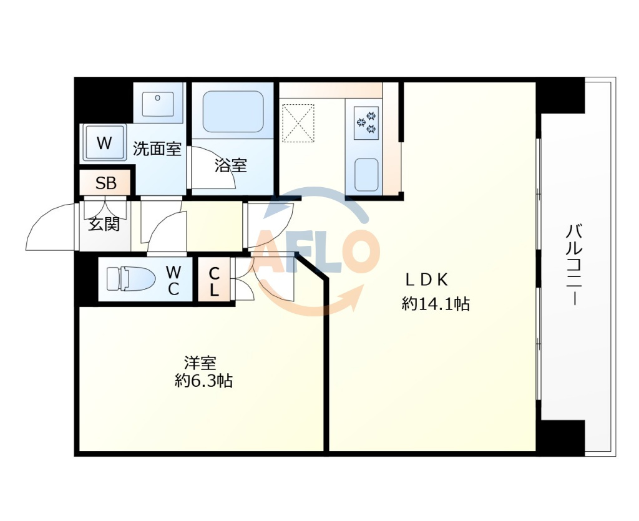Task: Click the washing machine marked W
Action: click(x=104, y=142)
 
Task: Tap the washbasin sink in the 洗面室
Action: click(x=157, y=104)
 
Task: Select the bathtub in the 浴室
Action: click(x=233, y=111)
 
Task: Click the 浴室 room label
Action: click(x=231, y=166)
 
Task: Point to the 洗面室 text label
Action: click(x=157, y=149)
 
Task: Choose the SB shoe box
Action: click(x=105, y=183)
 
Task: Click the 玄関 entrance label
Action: click(x=104, y=223)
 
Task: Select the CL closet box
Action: click(x=214, y=280)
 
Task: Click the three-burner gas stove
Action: click(x=366, y=122)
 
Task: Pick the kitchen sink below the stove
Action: click(x=366, y=175)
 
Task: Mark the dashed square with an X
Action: click(x=298, y=124)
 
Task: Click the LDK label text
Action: click(x=427, y=280)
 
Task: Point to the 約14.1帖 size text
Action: click(x=436, y=303)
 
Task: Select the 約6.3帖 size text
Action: click(x=204, y=381)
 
